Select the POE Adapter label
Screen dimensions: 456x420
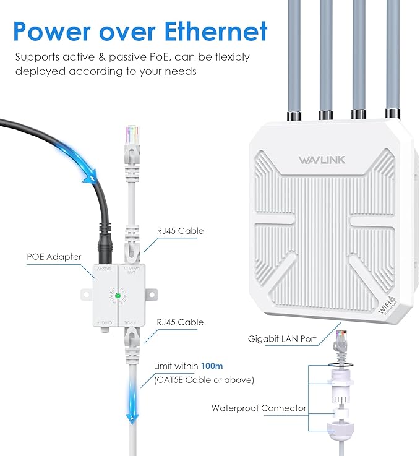click(54, 257)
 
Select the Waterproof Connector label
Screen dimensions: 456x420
click(259, 408)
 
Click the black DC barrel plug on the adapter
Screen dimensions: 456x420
click(105, 247)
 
